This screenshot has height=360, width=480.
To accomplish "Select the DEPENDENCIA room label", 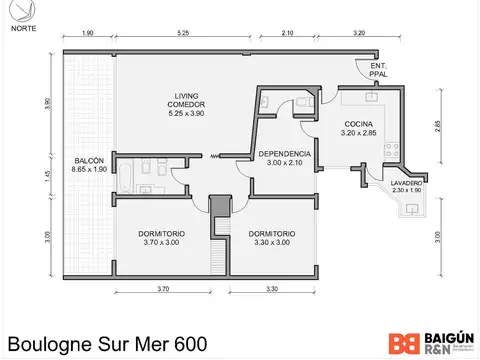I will [x=285, y=158].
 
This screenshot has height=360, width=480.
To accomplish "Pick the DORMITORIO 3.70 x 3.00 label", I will [x=162, y=237].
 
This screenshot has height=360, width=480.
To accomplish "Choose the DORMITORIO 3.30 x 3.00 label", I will [x=270, y=237].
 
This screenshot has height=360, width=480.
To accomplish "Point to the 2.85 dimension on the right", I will [x=437, y=126].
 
